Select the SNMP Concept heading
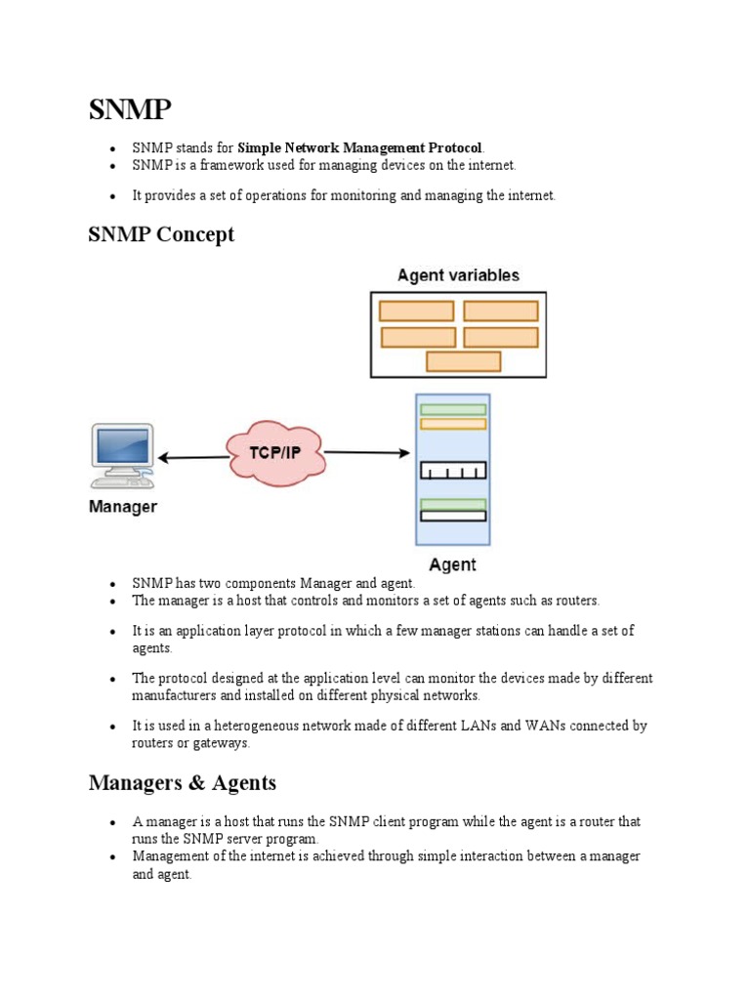tap(161, 235)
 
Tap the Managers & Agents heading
tap(182, 783)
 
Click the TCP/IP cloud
tap(274, 453)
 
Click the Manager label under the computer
tap(122, 507)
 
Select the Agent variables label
tap(458, 275)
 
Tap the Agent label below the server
tap(452, 564)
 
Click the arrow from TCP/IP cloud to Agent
tap(366, 452)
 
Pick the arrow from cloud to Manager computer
tap(192, 456)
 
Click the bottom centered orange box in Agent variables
tap(463, 361)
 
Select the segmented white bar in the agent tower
tap(452, 472)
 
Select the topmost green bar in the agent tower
tap(452, 409)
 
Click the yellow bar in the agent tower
tap(452, 424)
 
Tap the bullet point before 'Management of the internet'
tap(113, 856)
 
